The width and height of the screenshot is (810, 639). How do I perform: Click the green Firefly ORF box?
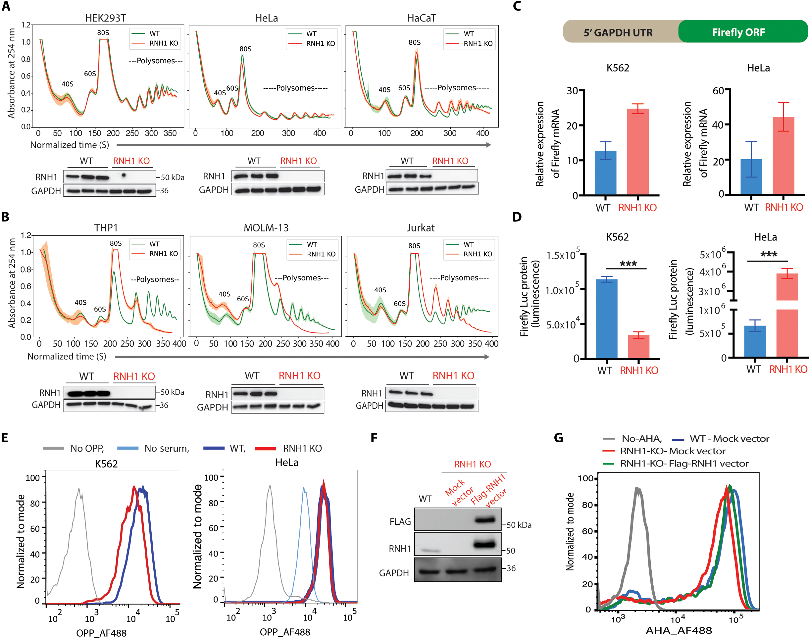point(742,31)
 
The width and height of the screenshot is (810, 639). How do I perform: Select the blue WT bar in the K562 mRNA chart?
point(605,172)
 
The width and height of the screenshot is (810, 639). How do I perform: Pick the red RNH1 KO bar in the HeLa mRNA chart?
point(784,155)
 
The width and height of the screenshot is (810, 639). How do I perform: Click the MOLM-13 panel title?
point(266,228)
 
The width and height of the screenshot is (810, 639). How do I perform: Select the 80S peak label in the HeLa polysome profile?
point(245,49)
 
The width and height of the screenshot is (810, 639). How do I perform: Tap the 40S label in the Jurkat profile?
point(380,290)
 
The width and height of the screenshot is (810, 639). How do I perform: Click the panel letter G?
point(558,438)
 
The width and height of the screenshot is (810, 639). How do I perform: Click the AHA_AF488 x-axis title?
point(679,630)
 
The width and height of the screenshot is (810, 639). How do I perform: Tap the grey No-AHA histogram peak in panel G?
point(637,489)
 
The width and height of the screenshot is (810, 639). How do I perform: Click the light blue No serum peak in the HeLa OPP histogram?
point(304,489)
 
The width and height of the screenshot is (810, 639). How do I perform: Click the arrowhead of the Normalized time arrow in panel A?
point(489,145)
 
